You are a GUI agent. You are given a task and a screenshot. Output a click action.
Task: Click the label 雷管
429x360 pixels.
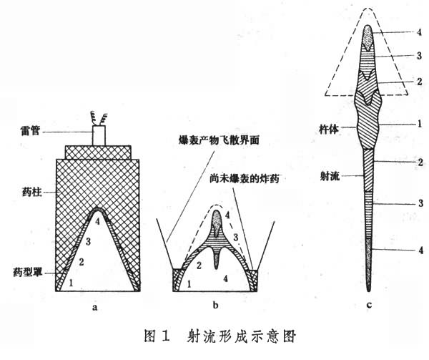click(x=30, y=131)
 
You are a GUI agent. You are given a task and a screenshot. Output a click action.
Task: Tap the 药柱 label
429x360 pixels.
click(x=31, y=193)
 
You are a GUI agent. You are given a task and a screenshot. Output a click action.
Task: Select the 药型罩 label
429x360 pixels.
click(x=28, y=273)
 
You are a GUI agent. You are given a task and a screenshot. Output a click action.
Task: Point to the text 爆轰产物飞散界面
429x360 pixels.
click(x=219, y=140)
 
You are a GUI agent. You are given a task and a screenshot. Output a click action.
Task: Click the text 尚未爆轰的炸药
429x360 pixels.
click(x=245, y=179)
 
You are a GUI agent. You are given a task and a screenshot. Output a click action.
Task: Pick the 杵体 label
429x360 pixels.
click(x=329, y=130)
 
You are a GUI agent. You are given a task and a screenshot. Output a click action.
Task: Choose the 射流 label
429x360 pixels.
click(x=330, y=176)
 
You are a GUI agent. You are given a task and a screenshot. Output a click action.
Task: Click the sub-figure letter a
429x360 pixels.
click(x=95, y=307)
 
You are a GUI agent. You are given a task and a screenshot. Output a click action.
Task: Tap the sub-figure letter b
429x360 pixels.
click(x=215, y=305)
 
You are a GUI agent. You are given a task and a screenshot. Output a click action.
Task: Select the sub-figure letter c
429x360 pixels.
click(x=369, y=304)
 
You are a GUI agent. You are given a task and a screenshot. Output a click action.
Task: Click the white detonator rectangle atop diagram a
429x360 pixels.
click(x=99, y=135)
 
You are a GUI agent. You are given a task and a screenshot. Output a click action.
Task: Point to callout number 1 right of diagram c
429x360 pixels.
click(x=420, y=124)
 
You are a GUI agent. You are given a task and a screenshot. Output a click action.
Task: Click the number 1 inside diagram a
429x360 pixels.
click(x=71, y=283)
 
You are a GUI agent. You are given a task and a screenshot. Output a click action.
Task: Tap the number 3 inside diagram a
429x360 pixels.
click(x=88, y=241)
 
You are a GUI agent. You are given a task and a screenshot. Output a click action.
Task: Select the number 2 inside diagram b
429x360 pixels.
click(x=199, y=266)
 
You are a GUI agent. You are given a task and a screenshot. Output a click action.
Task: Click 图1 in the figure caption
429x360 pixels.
click(x=157, y=336)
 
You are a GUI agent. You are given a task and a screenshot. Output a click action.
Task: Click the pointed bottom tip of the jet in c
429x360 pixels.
click(x=369, y=291)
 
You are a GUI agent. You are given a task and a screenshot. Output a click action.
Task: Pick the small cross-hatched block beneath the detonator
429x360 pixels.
click(x=98, y=152)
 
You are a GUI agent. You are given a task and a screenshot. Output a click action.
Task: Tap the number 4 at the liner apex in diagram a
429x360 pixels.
click(x=97, y=221)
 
